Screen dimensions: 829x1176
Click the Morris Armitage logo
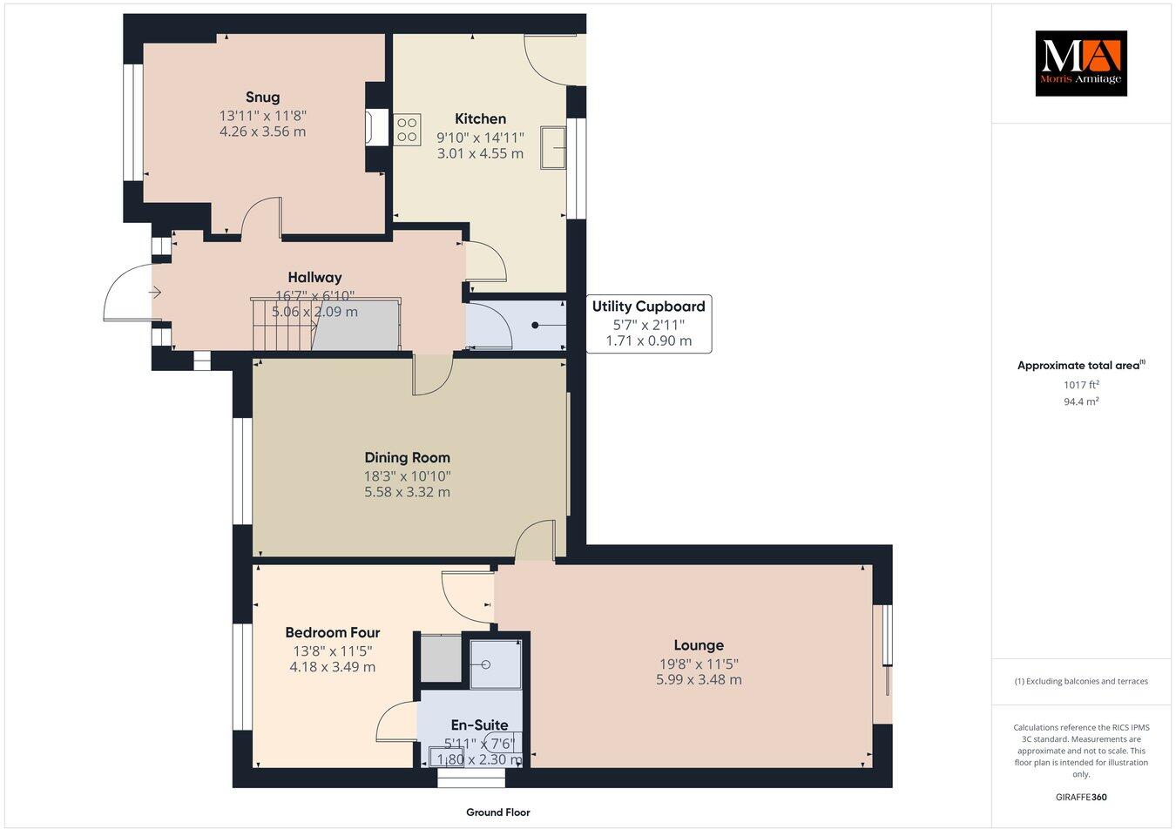(1080, 64)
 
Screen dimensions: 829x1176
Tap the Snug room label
(262, 97)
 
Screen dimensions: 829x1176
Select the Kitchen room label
(480, 118)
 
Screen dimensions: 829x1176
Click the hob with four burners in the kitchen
(407, 129)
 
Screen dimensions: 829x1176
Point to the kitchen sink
(553, 145)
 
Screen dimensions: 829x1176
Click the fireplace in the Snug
(375, 127)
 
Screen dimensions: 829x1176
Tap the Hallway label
(314, 278)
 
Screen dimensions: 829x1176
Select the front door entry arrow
(157, 293)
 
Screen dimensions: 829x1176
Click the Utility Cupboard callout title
(648, 307)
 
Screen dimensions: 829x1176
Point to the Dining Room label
(407, 457)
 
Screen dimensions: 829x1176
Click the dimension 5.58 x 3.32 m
(407, 492)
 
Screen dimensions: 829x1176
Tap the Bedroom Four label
(333, 632)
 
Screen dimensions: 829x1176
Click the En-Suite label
(479, 725)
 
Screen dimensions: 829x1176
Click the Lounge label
(699, 645)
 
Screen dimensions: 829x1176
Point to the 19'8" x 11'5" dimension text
(699, 663)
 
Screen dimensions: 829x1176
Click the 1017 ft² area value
(1081, 384)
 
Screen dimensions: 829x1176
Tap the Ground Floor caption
(497, 812)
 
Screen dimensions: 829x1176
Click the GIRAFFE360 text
(1081, 796)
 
